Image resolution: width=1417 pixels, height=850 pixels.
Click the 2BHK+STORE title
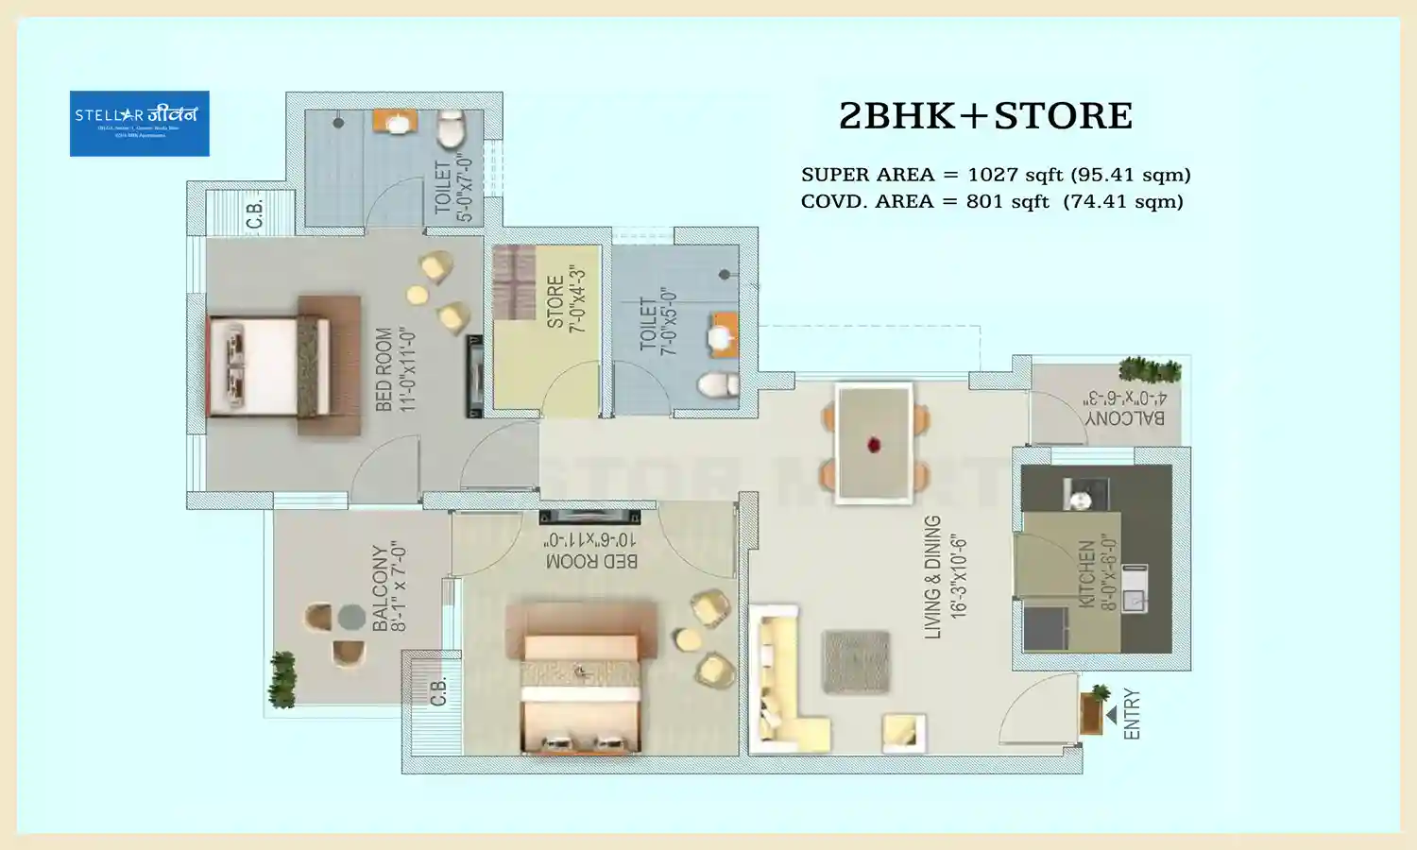point(985,116)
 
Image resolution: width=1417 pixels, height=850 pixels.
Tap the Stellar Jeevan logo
point(139,123)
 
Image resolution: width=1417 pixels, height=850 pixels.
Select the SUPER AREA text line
point(995,175)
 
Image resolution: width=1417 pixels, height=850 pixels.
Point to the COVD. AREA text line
point(991,201)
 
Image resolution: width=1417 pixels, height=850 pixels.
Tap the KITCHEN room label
point(1097,573)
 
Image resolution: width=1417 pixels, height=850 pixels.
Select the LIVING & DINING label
point(946,577)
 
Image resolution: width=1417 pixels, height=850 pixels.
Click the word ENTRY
point(1132,714)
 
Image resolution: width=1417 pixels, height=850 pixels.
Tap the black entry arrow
point(1112,715)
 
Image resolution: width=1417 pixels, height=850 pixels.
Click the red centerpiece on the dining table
point(874,443)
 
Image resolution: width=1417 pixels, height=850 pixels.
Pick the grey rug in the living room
point(856,661)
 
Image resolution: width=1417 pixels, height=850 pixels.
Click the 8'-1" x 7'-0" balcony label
point(388,587)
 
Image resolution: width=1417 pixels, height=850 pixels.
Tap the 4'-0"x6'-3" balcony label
point(1124,408)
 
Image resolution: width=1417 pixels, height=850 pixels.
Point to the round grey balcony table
point(351,618)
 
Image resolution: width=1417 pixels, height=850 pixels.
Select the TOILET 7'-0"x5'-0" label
point(657,322)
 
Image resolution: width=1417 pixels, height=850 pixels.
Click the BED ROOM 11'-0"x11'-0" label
point(394,369)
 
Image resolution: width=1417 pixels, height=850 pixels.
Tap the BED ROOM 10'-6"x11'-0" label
point(591,550)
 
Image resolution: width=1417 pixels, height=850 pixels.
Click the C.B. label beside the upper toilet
point(254,213)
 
